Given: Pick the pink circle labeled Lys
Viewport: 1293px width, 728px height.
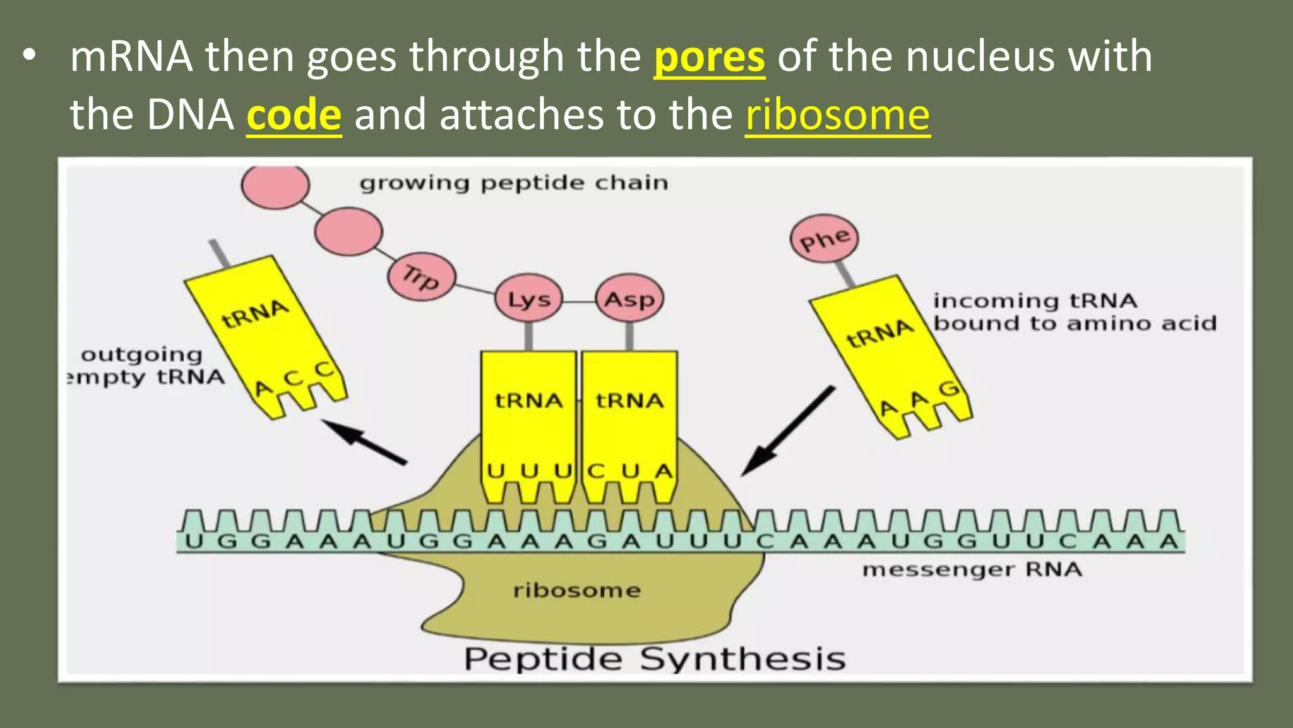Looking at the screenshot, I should point(529,299).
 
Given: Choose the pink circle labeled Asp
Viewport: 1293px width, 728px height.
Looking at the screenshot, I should point(629,299).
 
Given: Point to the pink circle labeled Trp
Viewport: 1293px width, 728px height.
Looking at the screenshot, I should point(421,277).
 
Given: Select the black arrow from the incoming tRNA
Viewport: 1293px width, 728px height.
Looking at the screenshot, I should point(788,432).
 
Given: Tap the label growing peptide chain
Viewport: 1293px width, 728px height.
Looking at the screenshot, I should point(513,183).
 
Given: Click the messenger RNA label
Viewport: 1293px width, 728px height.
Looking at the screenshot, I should point(972,570).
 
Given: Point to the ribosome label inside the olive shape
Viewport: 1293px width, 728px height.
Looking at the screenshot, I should point(576,591).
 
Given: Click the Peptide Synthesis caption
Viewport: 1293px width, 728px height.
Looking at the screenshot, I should point(654,659).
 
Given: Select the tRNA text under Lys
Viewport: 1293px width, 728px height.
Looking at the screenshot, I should point(528,401).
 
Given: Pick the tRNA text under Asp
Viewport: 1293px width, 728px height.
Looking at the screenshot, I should point(629,401).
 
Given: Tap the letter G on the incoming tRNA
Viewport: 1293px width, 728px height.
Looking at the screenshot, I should point(948,389).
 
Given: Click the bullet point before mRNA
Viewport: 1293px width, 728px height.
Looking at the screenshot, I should point(28,57).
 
